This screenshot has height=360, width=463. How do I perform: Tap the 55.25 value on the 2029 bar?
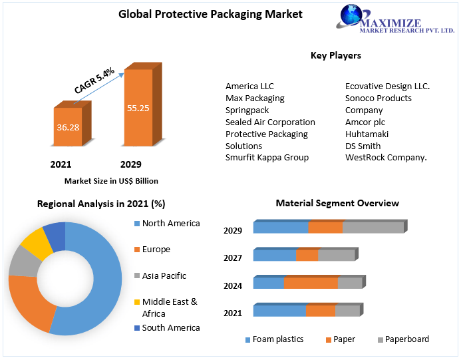tap(138, 106)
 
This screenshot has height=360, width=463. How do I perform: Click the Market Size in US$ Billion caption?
tap(111, 180)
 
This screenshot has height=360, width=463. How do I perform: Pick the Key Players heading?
tap(335, 55)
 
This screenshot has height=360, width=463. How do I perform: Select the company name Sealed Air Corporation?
tap(270, 122)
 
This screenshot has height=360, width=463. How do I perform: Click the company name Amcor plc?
tap(365, 122)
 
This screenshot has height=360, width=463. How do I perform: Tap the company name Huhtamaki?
tap(367, 134)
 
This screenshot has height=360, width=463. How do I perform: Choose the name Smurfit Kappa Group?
tap(267, 158)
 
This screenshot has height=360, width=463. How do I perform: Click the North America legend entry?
tap(171, 224)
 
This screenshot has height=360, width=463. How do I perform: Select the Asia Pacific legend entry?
tap(164, 275)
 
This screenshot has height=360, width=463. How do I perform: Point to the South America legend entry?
tap(171, 327)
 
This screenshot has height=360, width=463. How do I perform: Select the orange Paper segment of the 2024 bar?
tap(311, 283)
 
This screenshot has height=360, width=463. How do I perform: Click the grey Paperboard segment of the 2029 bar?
tap(373, 228)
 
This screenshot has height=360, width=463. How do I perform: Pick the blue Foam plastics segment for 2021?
tap(279, 311)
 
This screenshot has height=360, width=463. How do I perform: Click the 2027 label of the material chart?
tap(232, 258)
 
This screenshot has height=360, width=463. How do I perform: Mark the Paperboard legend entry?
tap(406, 339)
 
